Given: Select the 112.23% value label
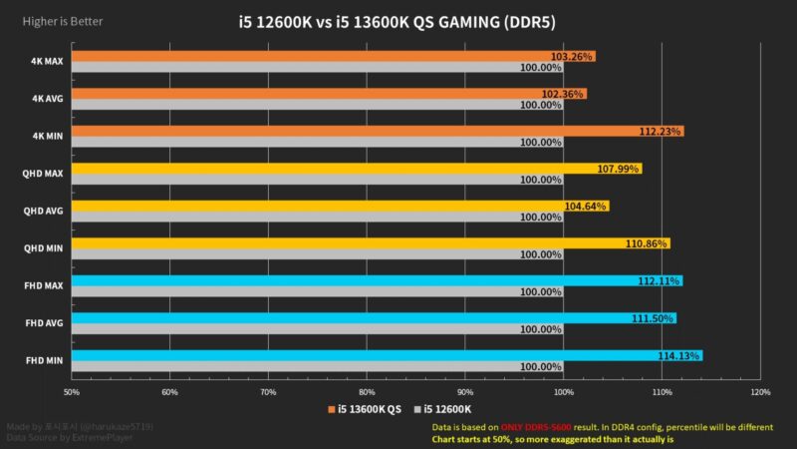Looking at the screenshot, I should [661, 132].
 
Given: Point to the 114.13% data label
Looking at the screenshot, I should [679, 356].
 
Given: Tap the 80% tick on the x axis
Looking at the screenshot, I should [367, 391].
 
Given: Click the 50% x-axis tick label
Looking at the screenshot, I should [72, 391].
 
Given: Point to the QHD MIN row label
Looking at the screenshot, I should [43, 248].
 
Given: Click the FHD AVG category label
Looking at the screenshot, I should [43, 323].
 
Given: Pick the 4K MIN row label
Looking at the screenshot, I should [46, 136].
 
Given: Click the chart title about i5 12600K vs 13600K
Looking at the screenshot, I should [398, 21].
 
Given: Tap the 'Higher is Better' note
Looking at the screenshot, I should [54, 21].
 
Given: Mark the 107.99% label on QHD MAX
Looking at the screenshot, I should [618, 169].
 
